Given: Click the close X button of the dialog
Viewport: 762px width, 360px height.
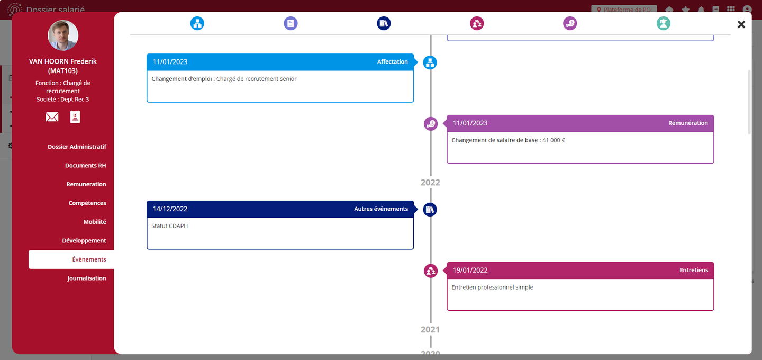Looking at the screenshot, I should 741,24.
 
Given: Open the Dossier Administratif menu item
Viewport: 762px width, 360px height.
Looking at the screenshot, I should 77,147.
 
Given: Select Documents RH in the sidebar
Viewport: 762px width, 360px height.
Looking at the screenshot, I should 85,166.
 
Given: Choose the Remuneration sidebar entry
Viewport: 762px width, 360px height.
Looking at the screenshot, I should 86,184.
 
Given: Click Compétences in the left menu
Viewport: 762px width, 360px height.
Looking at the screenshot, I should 87,203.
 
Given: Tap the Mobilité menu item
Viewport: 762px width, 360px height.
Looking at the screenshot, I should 95,222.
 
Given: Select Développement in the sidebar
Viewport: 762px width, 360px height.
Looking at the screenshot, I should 84,241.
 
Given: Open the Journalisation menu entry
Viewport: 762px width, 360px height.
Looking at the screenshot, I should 86,278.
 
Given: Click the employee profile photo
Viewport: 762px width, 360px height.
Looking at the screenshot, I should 63,36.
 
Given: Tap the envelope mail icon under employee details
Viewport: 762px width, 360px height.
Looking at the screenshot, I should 52,117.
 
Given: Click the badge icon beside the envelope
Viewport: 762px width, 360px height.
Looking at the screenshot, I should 75,117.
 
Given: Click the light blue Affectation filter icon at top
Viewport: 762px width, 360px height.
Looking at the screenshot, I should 197,23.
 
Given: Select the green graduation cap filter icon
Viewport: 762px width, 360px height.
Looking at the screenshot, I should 663,23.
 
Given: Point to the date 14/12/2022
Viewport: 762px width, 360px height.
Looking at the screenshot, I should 170,209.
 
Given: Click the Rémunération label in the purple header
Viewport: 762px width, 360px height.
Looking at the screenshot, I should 688,123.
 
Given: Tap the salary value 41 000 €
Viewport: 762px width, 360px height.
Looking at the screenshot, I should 554,140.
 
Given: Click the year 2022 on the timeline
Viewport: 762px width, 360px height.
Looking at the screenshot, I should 430,183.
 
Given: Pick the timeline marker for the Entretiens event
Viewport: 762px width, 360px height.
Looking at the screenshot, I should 431,271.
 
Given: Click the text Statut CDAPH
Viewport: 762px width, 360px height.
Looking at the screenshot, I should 169,226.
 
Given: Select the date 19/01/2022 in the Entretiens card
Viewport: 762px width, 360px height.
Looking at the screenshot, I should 470,271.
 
